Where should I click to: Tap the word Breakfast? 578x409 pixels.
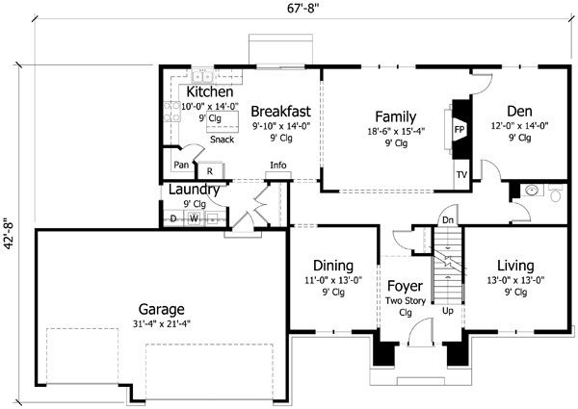278,110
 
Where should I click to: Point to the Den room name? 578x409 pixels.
518,97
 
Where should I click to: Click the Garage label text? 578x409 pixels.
161,310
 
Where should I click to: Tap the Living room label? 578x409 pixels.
515,266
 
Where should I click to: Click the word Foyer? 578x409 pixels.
405,286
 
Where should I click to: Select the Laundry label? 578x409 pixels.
195,190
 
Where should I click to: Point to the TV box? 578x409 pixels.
461,176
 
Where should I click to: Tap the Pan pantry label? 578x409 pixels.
180,165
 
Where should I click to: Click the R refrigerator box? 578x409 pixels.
210,170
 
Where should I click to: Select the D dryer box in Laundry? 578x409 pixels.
173,218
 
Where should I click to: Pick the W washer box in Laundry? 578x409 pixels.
194,218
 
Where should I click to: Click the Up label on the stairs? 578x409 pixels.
447,312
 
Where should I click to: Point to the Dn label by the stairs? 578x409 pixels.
448,219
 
